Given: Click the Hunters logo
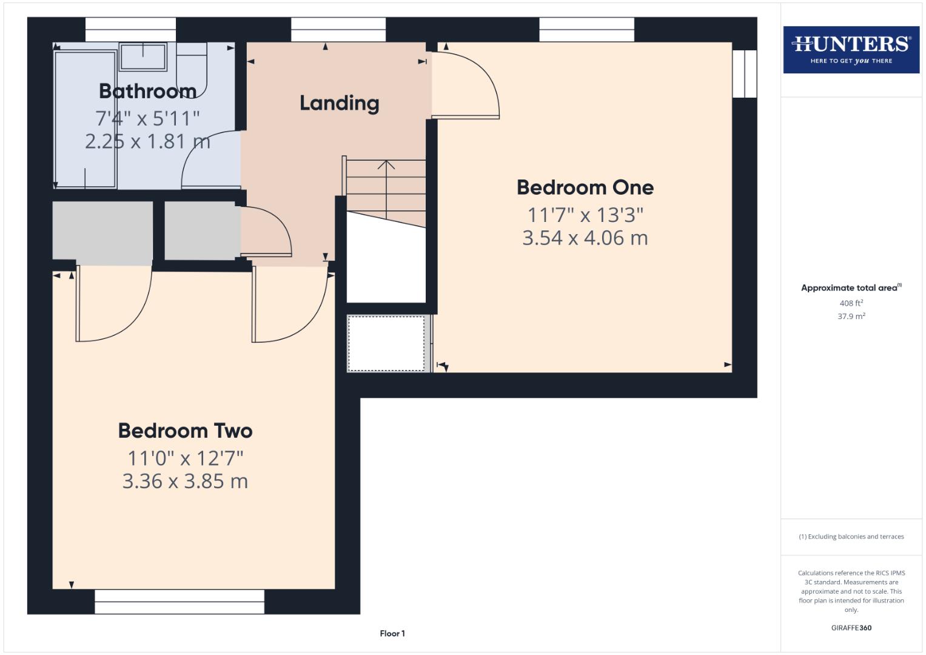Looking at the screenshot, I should tap(851, 50).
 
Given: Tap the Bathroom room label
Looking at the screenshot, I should tap(147, 91).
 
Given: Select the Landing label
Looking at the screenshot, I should tap(339, 103).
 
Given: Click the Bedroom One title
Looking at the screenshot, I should tap(585, 187).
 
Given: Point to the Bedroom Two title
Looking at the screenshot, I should tap(185, 431).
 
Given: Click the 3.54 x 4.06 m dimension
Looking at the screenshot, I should tap(585, 238).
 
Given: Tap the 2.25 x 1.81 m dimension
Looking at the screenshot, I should tap(147, 141).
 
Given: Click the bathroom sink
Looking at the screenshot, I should tap(143, 56).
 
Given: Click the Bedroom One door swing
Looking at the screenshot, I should tap(467, 85).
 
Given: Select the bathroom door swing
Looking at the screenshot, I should tap(209, 161).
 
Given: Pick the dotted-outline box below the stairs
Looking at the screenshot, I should tap(386, 343).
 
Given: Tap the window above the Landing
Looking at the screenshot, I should tap(338, 29).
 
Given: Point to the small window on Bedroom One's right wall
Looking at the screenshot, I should tap(745, 73).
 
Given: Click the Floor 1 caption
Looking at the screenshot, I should tap(392, 634).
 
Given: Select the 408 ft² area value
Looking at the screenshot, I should tap(851, 303).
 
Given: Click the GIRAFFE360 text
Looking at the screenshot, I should tap(851, 628).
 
